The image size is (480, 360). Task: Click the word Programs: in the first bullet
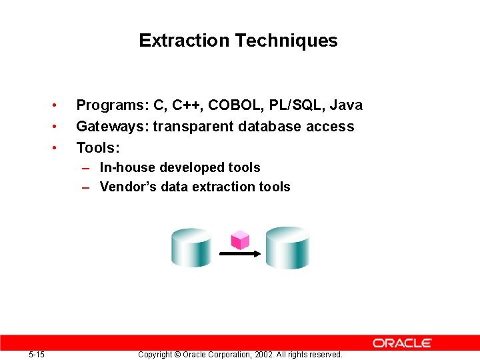112,105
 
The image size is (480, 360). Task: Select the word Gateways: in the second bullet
112,127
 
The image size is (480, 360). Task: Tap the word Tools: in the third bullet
97,147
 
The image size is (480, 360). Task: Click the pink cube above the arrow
239,239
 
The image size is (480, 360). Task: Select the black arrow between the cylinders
239,254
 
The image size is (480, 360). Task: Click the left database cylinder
191,247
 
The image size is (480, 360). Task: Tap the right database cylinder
288,247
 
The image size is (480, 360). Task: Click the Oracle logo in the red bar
402,343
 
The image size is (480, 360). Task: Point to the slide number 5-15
37,354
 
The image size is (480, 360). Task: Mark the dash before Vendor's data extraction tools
86,187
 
